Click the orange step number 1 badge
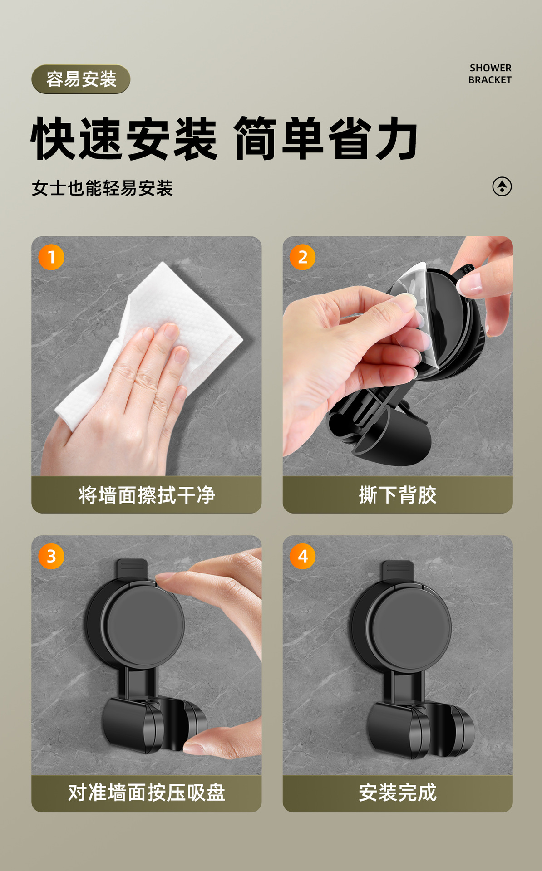tap(51, 257)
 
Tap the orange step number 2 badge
tap(303, 257)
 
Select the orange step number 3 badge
tap(51, 556)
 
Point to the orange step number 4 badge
tap(303, 556)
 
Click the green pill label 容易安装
tap(81, 79)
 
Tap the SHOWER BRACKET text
tap(490, 74)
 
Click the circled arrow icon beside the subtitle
tap(502, 186)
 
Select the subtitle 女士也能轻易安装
tap(102, 188)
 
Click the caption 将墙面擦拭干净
tap(146, 495)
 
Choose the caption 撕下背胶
tap(398, 495)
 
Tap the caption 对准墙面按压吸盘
tap(146, 793)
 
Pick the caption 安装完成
tap(398, 793)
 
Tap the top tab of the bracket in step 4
tap(398, 570)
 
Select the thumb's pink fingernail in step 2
tap(469, 282)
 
